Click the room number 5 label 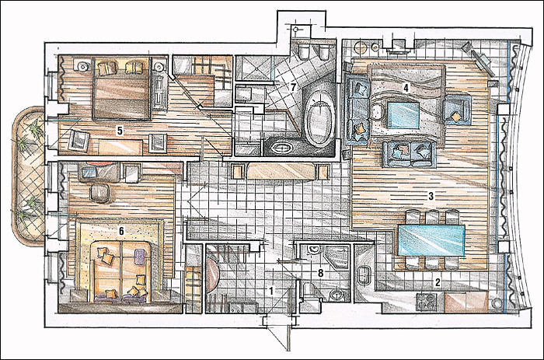point(120,131)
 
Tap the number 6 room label point(120,230)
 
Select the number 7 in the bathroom point(293,88)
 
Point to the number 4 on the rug point(405,88)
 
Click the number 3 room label point(431,196)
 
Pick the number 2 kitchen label point(438,282)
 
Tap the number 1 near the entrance point(272,291)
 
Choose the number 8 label point(320,274)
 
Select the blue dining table point(431,240)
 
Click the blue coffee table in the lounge point(403,114)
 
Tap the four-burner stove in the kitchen point(427,302)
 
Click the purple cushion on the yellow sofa point(140,257)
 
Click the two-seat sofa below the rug point(409,153)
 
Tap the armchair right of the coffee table point(457,110)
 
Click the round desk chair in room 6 point(99,193)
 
